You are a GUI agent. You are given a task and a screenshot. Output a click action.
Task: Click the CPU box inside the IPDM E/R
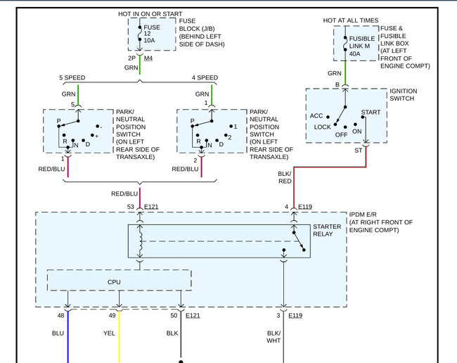click(x=114, y=281)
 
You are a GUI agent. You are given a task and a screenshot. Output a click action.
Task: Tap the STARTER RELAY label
click(x=328, y=230)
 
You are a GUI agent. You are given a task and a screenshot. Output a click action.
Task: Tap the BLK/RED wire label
click(x=285, y=177)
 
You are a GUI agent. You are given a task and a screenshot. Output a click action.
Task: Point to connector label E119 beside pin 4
click(x=304, y=207)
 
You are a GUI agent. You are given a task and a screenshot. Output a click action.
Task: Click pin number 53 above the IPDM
click(x=131, y=207)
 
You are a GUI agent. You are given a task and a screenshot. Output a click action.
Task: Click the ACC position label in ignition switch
click(x=316, y=116)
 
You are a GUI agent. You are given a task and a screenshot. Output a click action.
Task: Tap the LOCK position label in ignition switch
click(x=323, y=127)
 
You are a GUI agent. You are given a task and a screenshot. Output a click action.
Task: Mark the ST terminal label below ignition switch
click(x=358, y=150)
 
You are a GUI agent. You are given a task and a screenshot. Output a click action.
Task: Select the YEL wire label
click(x=110, y=333)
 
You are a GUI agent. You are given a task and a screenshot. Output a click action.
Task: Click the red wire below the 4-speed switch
click(x=202, y=167)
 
